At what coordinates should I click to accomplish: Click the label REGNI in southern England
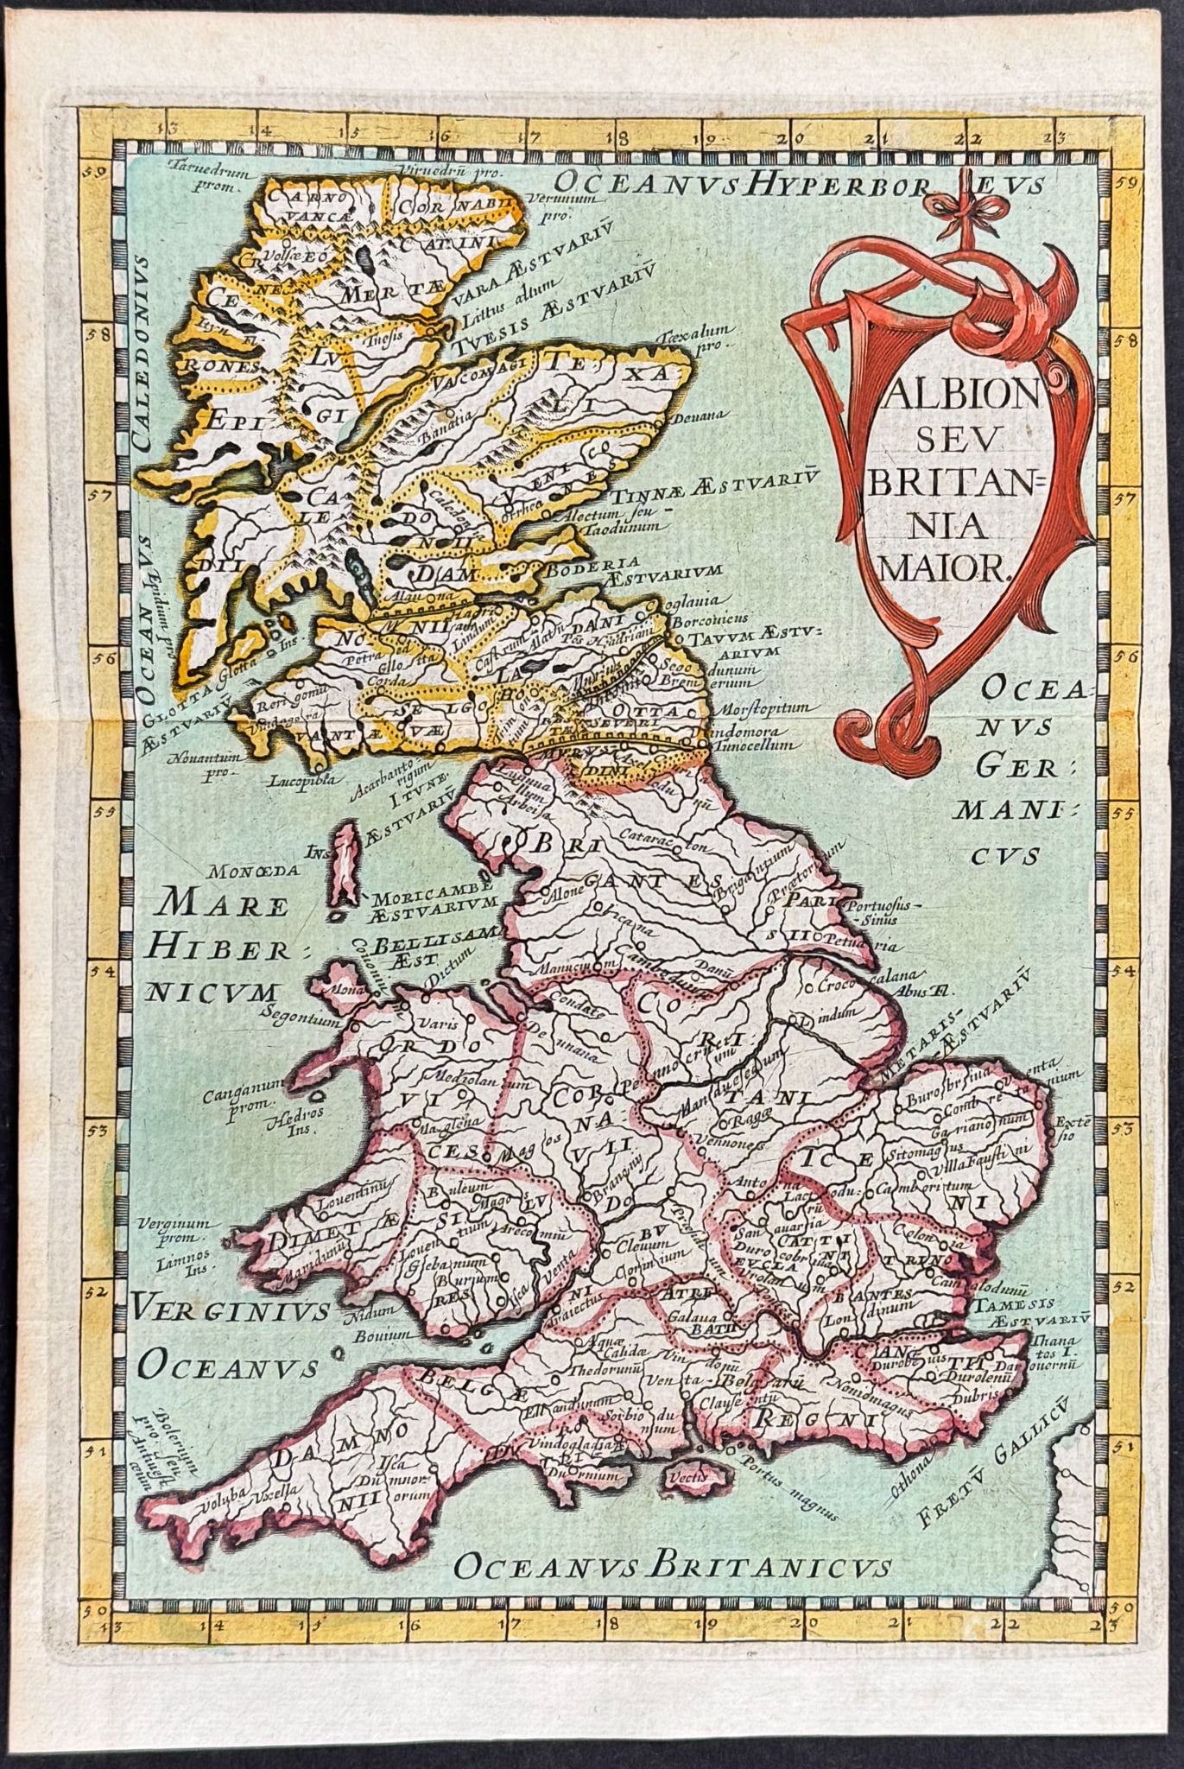[x=795, y=1417]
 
